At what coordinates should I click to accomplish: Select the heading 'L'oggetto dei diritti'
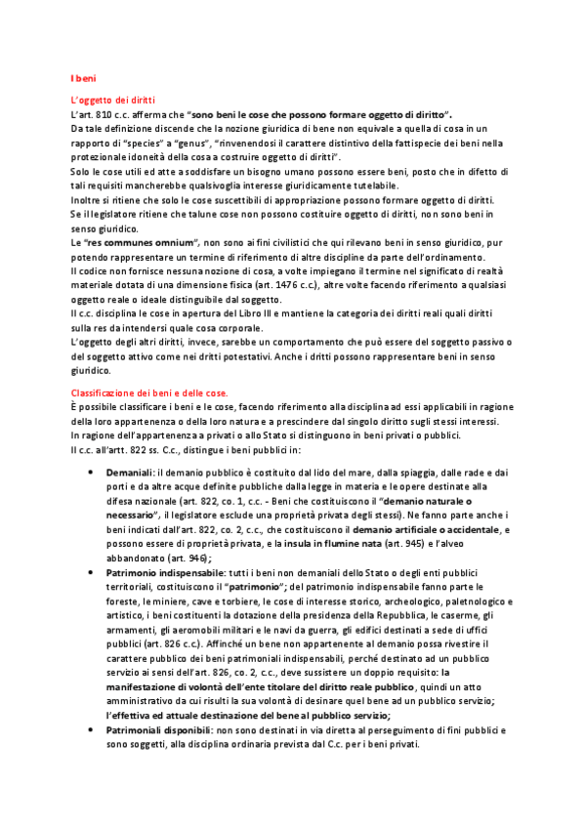pyautogui.click(x=114, y=101)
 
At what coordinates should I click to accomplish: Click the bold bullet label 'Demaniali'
pyautogui.click(x=115, y=472)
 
